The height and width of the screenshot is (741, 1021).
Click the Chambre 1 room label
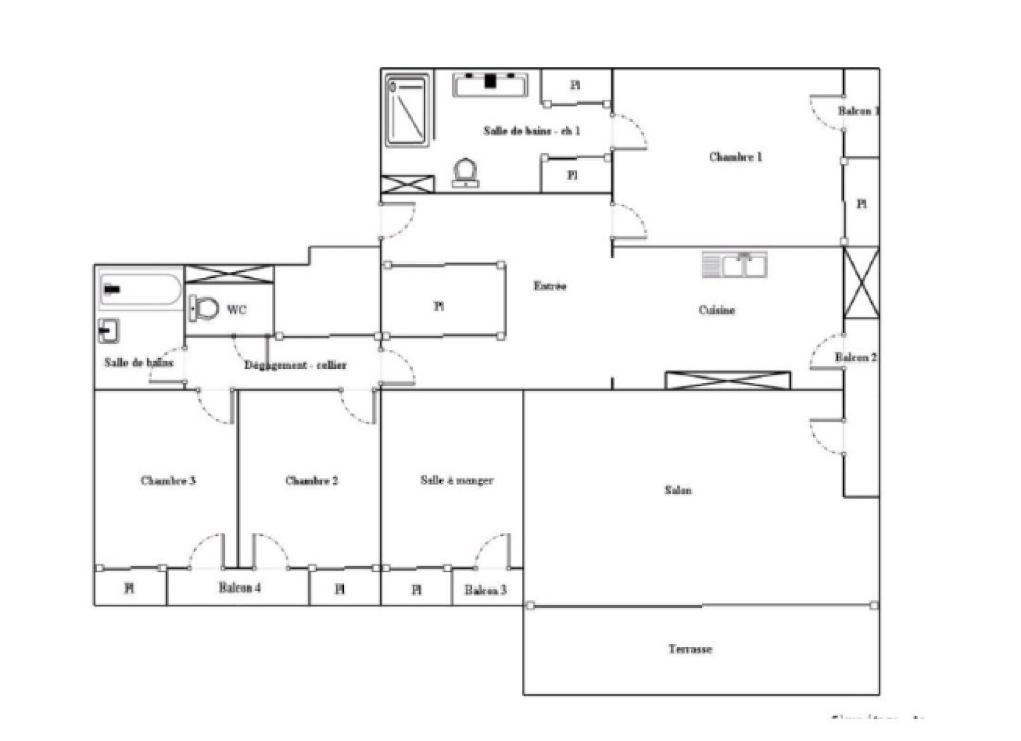tap(735, 156)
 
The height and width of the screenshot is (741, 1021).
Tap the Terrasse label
tap(690, 649)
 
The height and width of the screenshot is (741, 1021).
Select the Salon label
tap(678, 490)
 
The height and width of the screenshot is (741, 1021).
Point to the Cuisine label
tap(717, 310)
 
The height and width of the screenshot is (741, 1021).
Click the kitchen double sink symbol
tap(735, 264)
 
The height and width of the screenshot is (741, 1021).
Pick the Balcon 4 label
tap(239, 588)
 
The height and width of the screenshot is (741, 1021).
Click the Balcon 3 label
tap(485, 590)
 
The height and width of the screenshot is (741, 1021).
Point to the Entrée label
tap(549, 286)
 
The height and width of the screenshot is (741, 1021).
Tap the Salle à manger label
tap(456, 480)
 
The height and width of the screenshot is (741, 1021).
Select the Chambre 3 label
tap(168, 481)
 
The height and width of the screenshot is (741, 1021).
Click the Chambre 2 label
tap(311, 481)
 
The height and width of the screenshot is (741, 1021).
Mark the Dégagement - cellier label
tap(295, 365)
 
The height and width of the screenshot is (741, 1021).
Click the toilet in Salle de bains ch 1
tap(465, 172)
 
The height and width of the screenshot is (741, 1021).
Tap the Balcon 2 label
tap(855, 357)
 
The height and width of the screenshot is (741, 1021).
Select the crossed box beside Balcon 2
tap(861, 283)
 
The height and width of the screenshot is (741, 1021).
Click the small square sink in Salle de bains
tap(108, 331)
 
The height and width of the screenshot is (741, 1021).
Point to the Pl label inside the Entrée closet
tap(439, 306)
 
